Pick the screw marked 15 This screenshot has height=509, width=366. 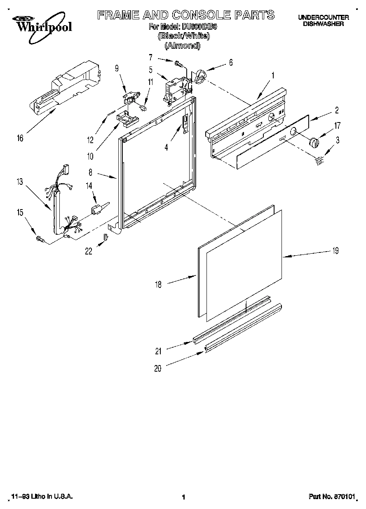pos(40,238)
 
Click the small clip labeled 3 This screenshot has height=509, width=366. pos(319,162)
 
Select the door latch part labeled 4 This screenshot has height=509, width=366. pos(185,122)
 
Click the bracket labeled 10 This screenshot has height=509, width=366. pos(127,118)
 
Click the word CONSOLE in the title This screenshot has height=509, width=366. pos(198,16)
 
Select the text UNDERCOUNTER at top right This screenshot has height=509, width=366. pos(323,17)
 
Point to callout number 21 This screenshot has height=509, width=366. pos(158,351)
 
